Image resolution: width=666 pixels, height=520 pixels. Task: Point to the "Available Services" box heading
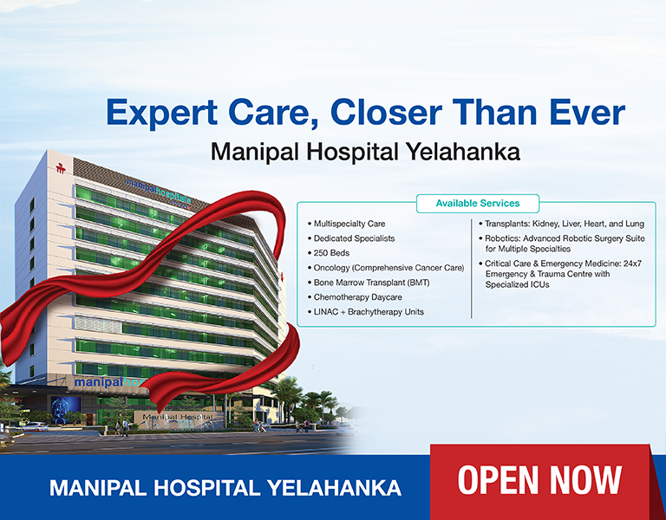[x=478, y=204]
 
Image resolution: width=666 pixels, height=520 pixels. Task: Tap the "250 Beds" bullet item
[x=334, y=253]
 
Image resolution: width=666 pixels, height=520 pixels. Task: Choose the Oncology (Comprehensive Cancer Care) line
[x=388, y=268]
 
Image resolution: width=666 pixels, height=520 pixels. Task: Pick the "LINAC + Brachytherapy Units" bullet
[x=369, y=312]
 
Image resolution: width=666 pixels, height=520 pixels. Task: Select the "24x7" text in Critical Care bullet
[x=632, y=263]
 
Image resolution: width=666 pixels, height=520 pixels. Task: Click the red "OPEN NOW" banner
[x=539, y=480]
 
